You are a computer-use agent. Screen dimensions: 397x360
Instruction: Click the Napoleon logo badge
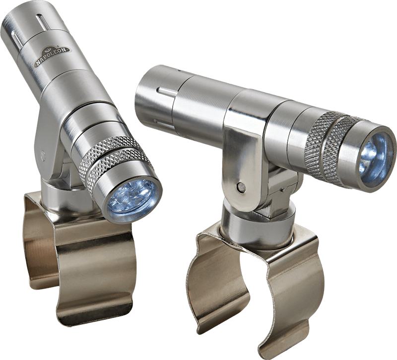coord(53,57)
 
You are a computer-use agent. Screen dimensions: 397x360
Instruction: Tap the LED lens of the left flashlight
coord(131,200)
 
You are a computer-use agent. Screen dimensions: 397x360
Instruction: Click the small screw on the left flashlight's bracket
coord(43,154)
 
